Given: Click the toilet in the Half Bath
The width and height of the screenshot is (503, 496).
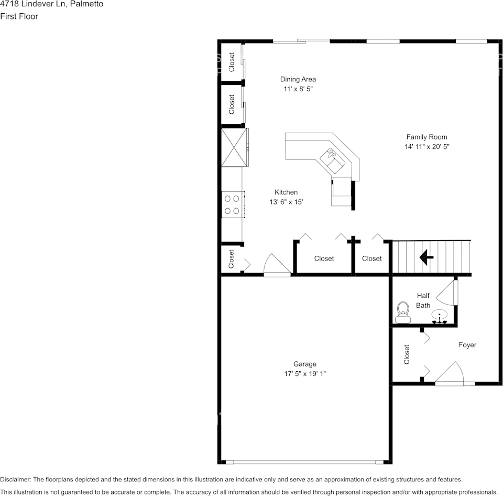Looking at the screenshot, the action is (x=403, y=312).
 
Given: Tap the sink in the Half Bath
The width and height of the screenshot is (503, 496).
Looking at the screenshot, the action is (x=439, y=316).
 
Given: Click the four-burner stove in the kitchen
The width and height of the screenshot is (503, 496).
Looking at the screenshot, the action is (x=233, y=204).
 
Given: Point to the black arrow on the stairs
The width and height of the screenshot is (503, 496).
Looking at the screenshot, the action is (x=427, y=257).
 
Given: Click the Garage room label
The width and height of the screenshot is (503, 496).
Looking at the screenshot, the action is (x=305, y=364).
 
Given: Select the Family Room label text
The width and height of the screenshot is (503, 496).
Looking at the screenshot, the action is (x=427, y=137).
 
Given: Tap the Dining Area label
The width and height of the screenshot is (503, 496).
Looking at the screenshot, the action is (x=298, y=79).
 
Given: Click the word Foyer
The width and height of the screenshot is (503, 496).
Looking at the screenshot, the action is (x=467, y=345).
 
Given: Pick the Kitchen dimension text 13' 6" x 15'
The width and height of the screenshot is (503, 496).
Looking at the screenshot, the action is (x=286, y=202).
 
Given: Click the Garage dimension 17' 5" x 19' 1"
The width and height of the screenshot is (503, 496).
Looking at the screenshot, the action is (x=305, y=374).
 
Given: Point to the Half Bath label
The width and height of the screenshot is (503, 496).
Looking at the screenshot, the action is (x=423, y=300).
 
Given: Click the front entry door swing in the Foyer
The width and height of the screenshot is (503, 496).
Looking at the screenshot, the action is (x=449, y=373).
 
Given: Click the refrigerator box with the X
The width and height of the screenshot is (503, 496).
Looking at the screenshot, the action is (x=234, y=147).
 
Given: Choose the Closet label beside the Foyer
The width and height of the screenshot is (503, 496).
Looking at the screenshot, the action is (x=407, y=354).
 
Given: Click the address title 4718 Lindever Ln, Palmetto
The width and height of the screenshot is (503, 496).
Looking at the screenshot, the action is (x=52, y=4).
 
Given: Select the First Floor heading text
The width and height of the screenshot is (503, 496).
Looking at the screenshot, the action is (x=19, y=16).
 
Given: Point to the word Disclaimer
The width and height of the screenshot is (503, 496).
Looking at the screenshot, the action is (x=15, y=480).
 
